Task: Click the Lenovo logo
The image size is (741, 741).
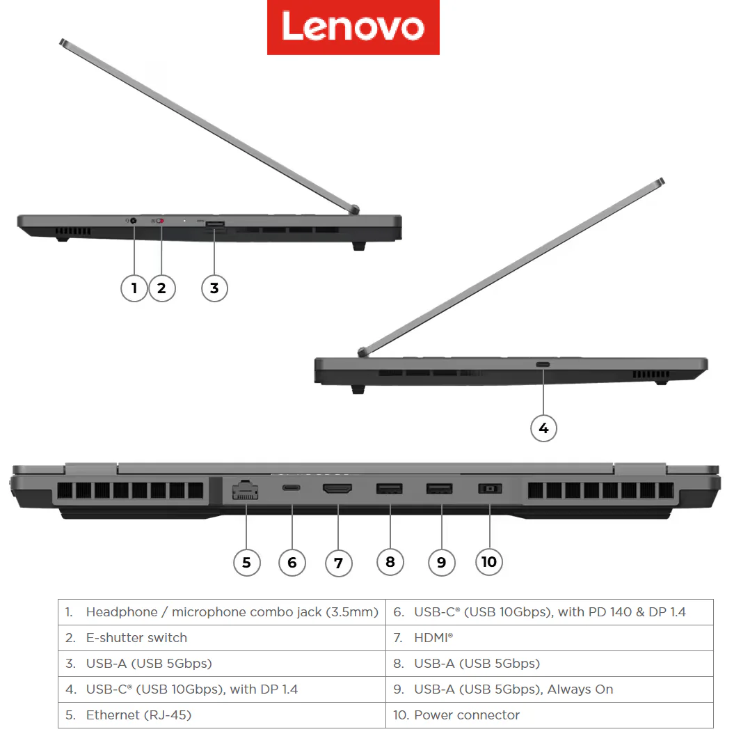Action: click(353, 27)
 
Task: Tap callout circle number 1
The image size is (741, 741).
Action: click(134, 288)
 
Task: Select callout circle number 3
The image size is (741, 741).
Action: click(214, 288)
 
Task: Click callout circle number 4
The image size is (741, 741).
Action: click(543, 428)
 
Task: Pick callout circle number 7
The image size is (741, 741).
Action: click(338, 563)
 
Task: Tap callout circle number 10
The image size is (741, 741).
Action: click(489, 562)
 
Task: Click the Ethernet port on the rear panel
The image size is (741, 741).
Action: click(246, 490)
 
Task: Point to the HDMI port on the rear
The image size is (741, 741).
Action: click(337, 488)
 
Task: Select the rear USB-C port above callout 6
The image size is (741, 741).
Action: click(291, 487)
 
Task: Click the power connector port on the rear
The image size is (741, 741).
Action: click(490, 488)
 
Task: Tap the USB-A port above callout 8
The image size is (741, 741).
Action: click(390, 488)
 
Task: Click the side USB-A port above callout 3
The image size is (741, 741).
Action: click(215, 224)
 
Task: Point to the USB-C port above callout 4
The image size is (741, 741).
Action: click(543, 365)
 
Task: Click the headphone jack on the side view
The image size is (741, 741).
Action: click(134, 220)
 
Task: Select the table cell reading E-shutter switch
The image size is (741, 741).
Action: click(222, 638)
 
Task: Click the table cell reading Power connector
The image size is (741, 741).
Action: click(550, 715)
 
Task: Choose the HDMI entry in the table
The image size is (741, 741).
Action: click(550, 638)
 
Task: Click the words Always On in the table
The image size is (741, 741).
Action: click(580, 689)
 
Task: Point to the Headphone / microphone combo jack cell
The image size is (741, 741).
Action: click(222, 612)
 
